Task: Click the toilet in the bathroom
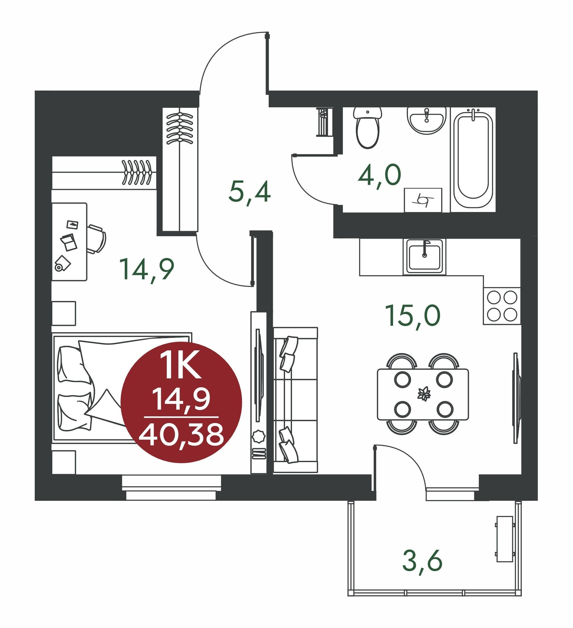click(368, 128)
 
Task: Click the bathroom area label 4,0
click(379, 176)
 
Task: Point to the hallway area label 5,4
click(250, 193)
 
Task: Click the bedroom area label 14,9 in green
click(147, 270)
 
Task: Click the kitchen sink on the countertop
click(424, 257)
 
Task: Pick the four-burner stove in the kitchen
click(502, 306)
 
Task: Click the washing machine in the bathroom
click(423, 200)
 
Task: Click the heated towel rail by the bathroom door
click(324, 122)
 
